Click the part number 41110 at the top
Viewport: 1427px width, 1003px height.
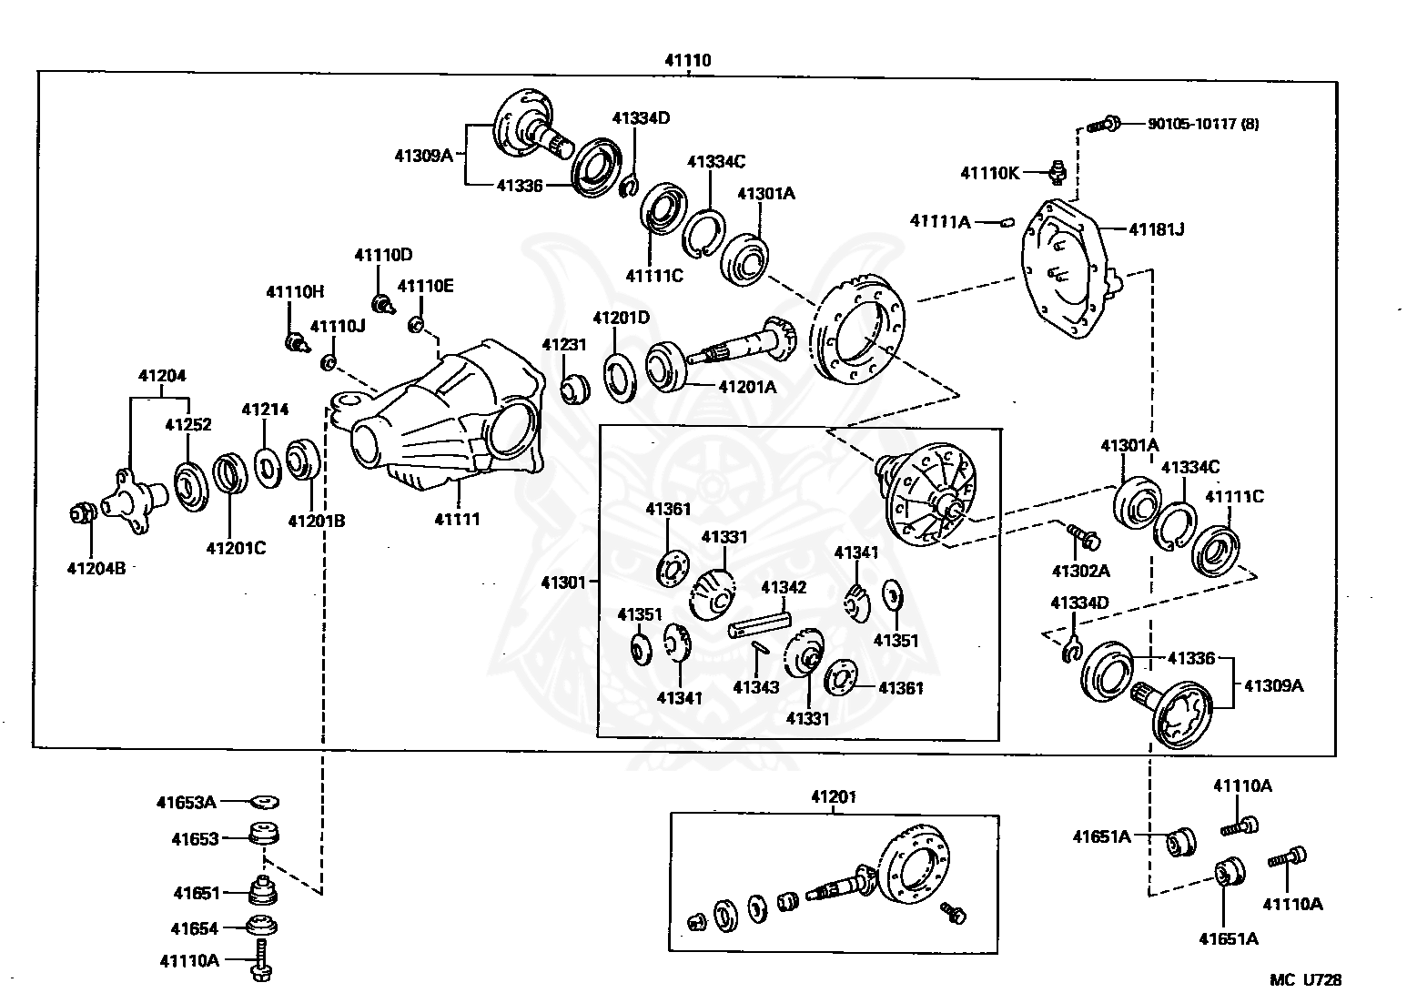tap(687, 61)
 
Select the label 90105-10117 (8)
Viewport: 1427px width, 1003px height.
tap(1203, 124)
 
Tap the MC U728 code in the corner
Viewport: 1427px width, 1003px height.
tap(1305, 979)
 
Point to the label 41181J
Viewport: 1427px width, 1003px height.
tap(1156, 228)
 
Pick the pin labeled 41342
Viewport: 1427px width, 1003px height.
tap(759, 623)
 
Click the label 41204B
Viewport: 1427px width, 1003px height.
tap(96, 568)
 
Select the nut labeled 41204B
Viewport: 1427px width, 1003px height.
tap(82, 512)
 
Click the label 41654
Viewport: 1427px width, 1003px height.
tap(195, 928)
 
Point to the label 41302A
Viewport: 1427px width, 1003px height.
tap(1080, 571)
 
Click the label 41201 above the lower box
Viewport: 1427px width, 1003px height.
tap(834, 796)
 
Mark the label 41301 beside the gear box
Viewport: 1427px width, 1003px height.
tap(563, 582)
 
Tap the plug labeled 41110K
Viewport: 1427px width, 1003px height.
tap(1058, 173)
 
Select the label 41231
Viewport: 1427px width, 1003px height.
tap(564, 345)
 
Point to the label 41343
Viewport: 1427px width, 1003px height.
tap(755, 687)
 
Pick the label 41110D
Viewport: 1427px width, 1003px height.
tap(383, 255)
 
